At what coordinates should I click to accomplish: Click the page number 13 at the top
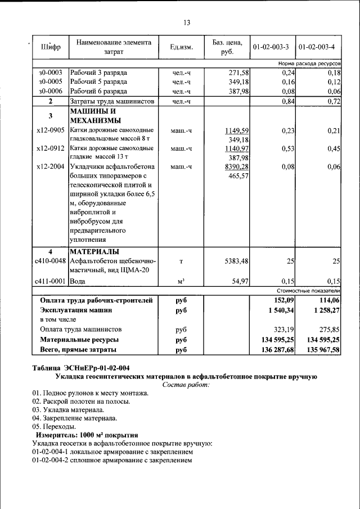click(187, 23)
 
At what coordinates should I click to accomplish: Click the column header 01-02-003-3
click(272, 47)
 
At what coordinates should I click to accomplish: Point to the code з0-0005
click(51, 82)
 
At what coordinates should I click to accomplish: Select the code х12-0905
click(51, 130)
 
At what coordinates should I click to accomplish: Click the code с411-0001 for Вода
click(51, 281)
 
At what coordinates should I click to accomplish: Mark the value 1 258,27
click(322, 310)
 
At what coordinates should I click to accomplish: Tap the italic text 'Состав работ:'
click(186, 385)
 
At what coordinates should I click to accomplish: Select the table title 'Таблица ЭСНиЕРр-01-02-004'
click(80, 368)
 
